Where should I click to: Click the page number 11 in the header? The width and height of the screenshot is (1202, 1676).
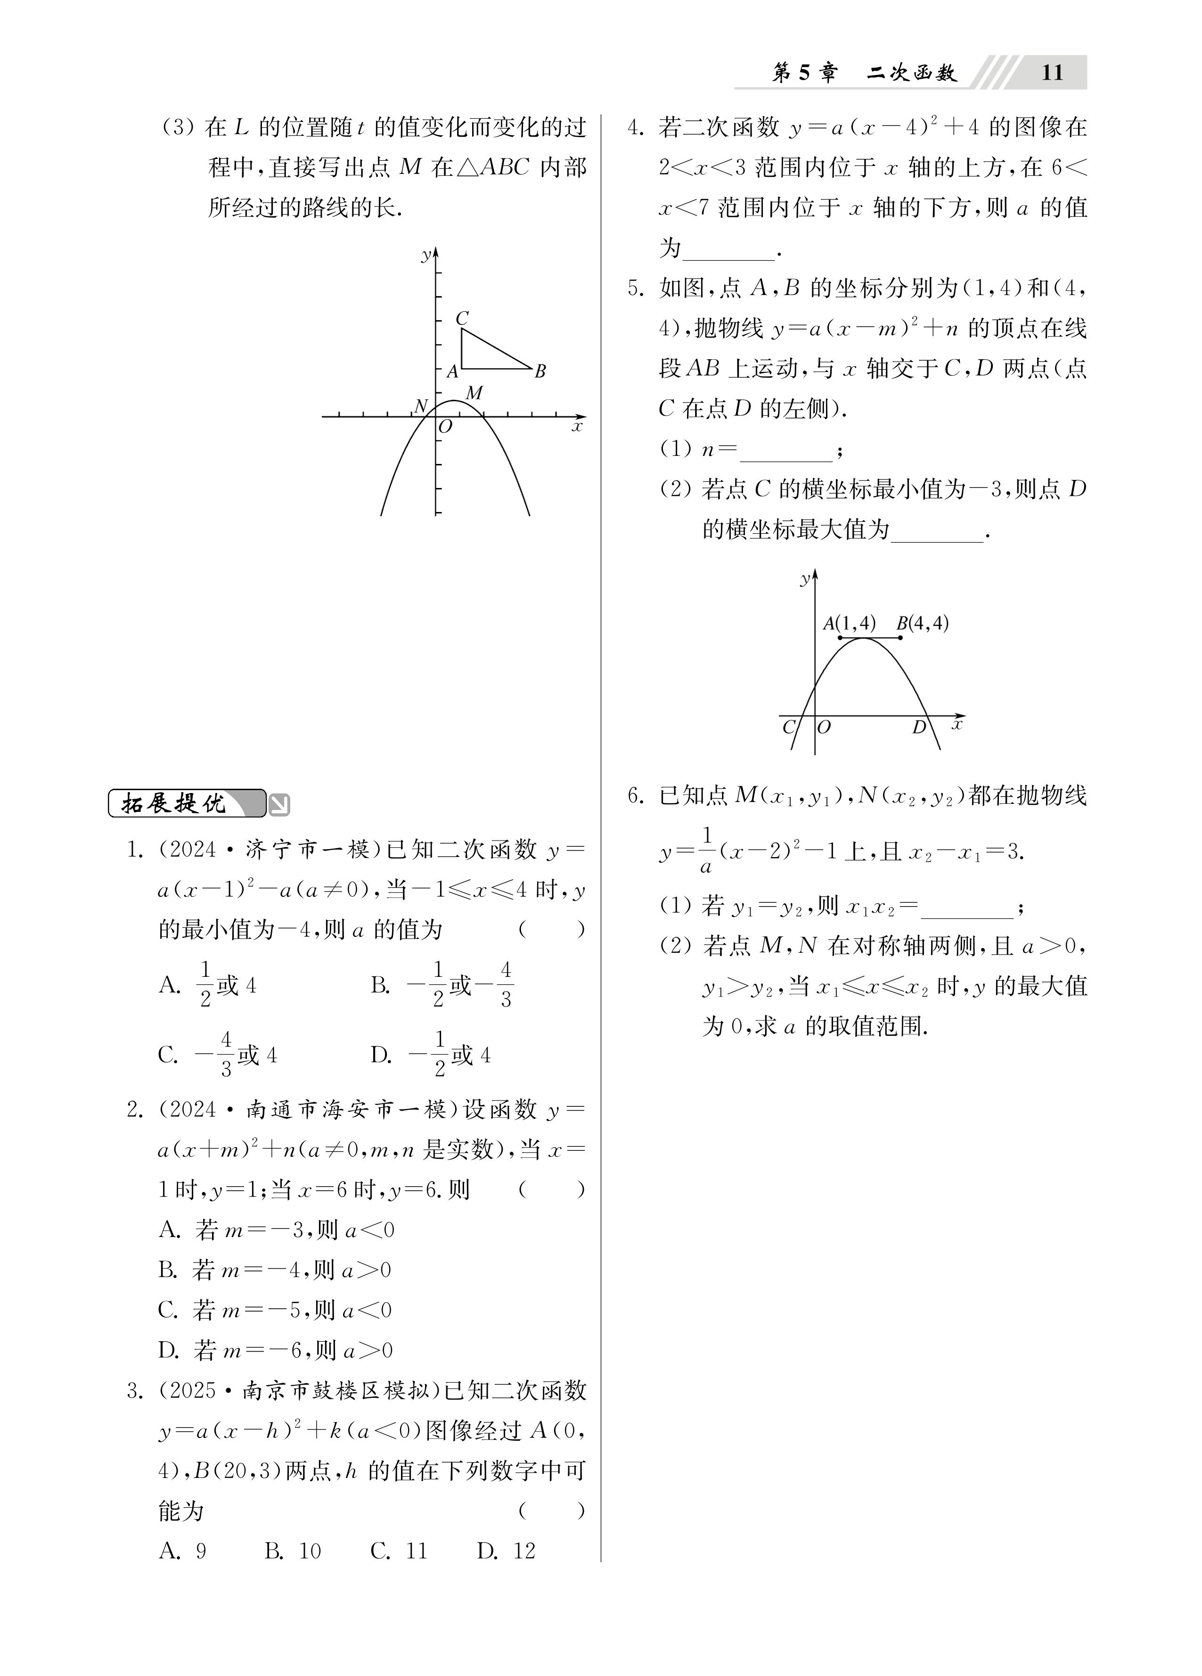click(1051, 73)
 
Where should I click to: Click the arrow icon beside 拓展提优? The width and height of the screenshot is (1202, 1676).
click(279, 805)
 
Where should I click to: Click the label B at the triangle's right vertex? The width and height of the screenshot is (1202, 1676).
click(540, 371)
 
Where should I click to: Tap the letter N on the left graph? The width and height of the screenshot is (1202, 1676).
click(420, 406)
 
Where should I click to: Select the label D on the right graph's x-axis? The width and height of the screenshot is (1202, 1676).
click(919, 727)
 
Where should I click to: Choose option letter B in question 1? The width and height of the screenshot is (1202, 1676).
click(380, 985)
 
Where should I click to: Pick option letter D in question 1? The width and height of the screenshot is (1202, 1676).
click(380, 1055)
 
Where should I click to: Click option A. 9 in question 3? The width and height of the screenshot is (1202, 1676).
click(182, 1551)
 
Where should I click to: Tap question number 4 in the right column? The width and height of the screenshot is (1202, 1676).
click(635, 128)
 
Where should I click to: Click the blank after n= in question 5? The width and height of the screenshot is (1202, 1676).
click(785, 450)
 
